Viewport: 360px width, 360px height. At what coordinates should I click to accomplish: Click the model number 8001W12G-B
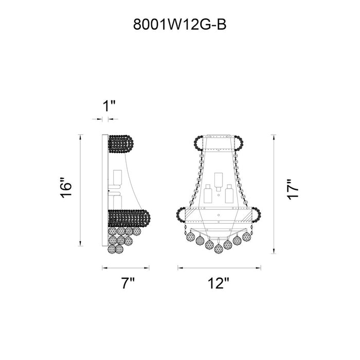[x=180, y=25]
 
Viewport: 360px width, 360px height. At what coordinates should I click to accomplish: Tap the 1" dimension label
[x=109, y=106]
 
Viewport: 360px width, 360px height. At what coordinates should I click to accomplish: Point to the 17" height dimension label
[x=293, y=190]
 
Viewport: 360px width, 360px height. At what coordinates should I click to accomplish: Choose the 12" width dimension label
[x=219, y=283]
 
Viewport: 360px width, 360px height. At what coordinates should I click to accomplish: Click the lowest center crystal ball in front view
[x=219, y=248]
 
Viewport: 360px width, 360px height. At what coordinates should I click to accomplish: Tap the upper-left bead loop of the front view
[x=199, y=143]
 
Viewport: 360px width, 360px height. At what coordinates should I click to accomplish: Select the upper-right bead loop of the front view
[x=239, y=143]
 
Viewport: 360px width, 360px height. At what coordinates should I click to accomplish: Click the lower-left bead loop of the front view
[x=181, y=215]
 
